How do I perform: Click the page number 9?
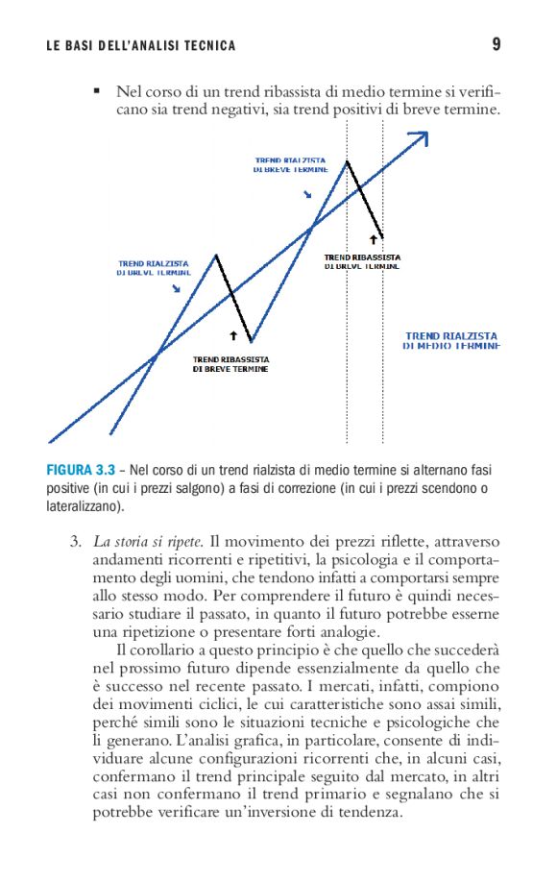point(496,44)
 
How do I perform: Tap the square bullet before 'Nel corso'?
point(96,91)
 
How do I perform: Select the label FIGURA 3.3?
point(81,471)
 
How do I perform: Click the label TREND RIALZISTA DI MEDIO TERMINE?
point(451,340)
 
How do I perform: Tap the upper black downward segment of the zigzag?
point(365,199)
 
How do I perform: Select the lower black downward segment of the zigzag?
point(234,298)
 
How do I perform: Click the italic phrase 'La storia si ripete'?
point(148,541)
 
